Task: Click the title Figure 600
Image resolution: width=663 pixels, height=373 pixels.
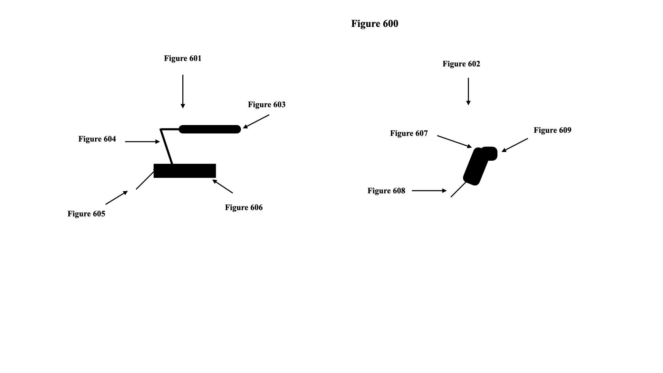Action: (x=375, y=23)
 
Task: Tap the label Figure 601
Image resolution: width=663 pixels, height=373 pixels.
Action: (x=183, y=58)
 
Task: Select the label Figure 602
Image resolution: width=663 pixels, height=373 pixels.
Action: (x=461, y=64)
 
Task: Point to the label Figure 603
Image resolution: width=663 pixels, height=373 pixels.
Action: (x=267, y=105)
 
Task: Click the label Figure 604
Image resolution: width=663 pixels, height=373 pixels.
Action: (x=97, y=139)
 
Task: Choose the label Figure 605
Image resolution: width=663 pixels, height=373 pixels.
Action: (x=86, y=214)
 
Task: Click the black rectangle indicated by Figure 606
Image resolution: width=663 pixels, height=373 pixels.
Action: (x=185, y=171)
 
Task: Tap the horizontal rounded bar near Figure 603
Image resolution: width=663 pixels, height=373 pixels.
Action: (x=210, y=129)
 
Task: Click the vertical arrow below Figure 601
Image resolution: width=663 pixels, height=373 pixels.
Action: (x=183, y=91)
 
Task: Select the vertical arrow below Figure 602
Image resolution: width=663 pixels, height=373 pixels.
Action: (x=468, y=91)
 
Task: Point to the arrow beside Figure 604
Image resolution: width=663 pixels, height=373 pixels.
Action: (x=142, y=142)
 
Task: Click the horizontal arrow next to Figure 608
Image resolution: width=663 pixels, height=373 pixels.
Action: (x=429, y=191)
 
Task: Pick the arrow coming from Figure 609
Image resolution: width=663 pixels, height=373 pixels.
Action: (x=515, y=145)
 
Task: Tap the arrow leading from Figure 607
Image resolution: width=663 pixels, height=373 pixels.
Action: (x=454, y=142)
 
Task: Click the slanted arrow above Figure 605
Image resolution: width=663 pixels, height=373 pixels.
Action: (x=117, y=198)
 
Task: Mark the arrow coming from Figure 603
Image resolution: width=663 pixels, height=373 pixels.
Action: (x=256, y=122)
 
